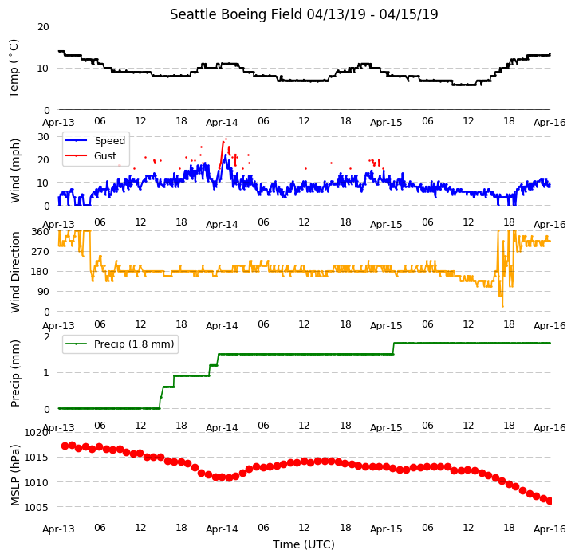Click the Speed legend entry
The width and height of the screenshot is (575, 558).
click(x=96, y=140)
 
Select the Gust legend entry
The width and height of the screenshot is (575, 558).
click(x=91, y=155)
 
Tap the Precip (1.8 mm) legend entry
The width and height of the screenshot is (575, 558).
click(x=120, y=344)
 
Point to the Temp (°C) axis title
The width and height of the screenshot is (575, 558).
click(x=14, y=69)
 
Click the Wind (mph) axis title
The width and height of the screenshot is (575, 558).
click(x=14, y=171)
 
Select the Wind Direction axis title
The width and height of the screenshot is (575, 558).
click(x=14, y=272)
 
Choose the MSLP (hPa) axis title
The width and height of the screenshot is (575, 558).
click(x=14, y=475)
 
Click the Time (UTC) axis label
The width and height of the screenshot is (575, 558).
click(x=304, y=544)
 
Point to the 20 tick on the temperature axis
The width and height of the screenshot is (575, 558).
click(x=43, y=27)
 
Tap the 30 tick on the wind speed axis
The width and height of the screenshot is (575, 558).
click(x=43, y=137)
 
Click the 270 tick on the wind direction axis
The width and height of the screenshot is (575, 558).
click(x=41, y=252)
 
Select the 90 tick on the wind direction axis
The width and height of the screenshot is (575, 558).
click(x=43, y=292)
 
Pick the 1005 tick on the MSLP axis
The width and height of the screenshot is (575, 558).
click(x=37, y=508)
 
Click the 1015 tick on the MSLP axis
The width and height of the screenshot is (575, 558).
click(x=37, y=458)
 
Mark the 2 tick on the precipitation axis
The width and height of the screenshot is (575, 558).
click(x=46, y=336)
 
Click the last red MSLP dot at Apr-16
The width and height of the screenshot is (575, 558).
click(x=549, y=501)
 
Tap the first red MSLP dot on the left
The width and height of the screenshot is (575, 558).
click(x=65, y=446)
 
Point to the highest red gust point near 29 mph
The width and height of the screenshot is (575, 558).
click(x=226, y=139)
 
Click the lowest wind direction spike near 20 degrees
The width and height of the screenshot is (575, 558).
click(x=502, y=306)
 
